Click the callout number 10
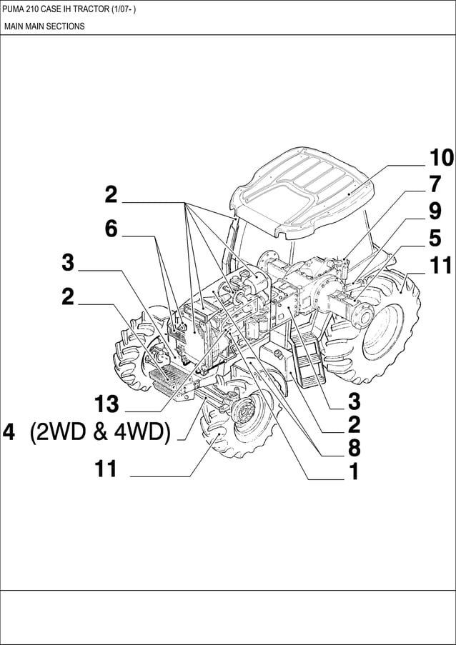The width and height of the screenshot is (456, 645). point(441,158)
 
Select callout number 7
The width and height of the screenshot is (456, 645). point(435,184)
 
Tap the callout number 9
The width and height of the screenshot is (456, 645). point(435,211)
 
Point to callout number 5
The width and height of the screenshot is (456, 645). point(435,239)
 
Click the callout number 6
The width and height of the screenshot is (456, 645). point(111,229)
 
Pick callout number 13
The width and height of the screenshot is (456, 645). point(106,405)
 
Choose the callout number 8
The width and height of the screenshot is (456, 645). point(353,449)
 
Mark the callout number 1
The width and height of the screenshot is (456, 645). point(352,472)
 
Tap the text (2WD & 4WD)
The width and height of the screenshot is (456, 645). point(100,433)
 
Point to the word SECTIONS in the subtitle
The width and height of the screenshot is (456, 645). point(66,26)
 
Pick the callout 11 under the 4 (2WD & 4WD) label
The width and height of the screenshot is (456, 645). point(106,469)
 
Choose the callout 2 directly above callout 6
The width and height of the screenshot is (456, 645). point(111,194)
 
